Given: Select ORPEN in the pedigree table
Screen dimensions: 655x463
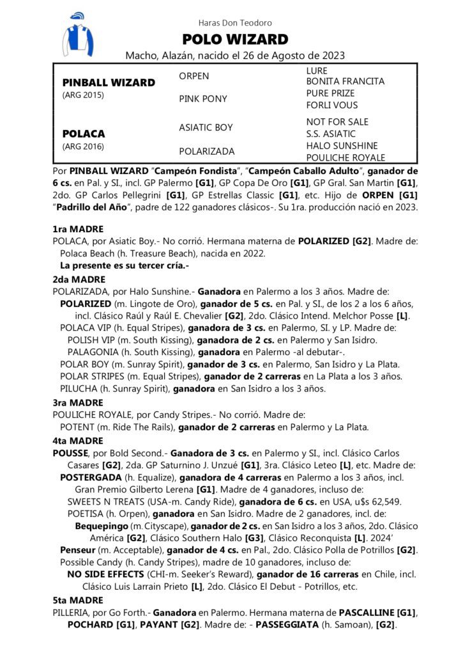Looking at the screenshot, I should point(194,76).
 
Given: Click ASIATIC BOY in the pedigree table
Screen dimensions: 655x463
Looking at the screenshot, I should point(206,128).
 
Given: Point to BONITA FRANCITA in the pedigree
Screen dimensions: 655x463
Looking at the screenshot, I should point(345,82).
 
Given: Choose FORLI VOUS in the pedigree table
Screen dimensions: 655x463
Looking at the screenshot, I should point(331,105).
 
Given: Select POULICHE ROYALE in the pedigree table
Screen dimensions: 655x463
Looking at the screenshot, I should point(345,157).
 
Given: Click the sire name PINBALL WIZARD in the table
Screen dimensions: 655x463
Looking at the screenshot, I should point(109,83).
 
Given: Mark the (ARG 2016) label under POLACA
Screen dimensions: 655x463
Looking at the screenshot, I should point(83,146).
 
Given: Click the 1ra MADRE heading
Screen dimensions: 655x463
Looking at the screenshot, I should point(77,229).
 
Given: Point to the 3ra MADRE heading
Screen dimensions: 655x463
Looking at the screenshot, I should point(77,403).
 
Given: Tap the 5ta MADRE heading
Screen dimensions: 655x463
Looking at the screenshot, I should point(77,600).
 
